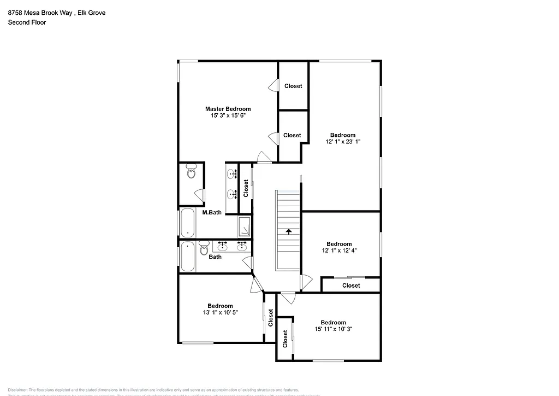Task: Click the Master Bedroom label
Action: point(228,109)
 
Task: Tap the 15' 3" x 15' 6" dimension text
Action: point(228,115)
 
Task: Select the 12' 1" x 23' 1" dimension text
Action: point(342,142)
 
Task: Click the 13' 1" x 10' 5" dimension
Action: point(220,312)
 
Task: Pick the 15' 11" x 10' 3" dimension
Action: point(333,329)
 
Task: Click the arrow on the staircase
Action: point(288,231)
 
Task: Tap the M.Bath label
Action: point(212,212)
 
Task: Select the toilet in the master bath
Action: point(191,172)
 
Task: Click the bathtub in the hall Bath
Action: point(188,257)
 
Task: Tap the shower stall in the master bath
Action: point(244,226)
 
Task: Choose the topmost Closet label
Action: point(293,86)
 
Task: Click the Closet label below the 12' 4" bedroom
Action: point(351,285)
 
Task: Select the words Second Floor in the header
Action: point(27,22)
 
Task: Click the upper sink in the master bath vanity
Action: point(232,174)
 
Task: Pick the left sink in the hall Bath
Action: point(223,246)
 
